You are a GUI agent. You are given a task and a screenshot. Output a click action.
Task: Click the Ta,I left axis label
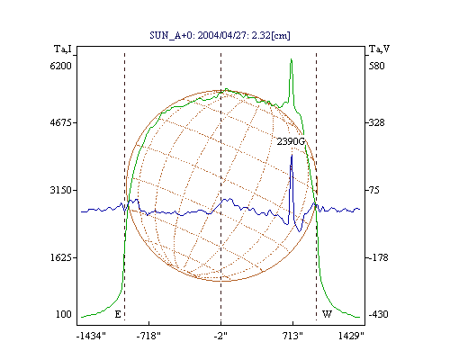pos(63,49)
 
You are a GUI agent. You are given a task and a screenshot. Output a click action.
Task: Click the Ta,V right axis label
pos(379,49)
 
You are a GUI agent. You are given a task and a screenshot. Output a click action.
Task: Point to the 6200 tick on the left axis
pos(61,66)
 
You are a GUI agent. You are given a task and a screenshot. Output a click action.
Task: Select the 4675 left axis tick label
pos(61,122)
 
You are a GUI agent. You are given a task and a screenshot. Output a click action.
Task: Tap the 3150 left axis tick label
pos(61,190)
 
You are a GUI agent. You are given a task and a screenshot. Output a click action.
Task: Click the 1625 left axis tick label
pos(61,257)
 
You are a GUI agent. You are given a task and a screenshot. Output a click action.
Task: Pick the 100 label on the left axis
pos(64,314)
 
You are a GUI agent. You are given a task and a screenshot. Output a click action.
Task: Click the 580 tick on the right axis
pos(376,66)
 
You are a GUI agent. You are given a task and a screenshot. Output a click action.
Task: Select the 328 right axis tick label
pos(376,122)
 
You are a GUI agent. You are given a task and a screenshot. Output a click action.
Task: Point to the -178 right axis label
pos(378,257)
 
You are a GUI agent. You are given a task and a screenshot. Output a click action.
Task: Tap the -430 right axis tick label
pos(378,314)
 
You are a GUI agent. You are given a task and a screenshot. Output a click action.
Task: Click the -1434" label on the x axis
pos(91,336)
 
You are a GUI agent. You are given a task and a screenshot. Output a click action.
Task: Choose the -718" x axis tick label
pos(148,336)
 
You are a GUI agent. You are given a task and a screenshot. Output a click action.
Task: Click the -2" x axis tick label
pos(220,336)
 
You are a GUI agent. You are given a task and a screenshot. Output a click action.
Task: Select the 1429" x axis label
pos(351,336)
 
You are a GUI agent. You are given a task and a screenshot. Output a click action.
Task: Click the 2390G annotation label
pos(291,141)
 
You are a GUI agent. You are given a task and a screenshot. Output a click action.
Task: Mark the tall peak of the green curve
pos(291,59)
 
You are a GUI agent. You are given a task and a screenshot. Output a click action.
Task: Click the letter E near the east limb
pos(118,314)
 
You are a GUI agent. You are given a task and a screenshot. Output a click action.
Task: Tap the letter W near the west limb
pos(327,314)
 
